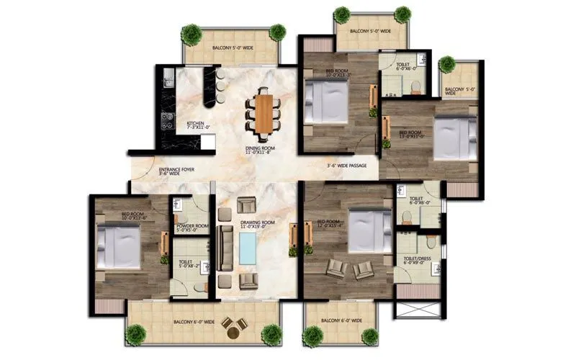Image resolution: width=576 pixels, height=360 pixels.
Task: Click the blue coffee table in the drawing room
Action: (248, 248)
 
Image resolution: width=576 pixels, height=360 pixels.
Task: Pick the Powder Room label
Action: (192, 228)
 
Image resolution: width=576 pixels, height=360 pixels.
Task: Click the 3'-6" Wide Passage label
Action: (346, 166)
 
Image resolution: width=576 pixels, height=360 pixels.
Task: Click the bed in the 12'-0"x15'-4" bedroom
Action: (369, 231)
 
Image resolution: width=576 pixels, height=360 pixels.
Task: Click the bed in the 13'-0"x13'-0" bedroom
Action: (454, 138)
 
